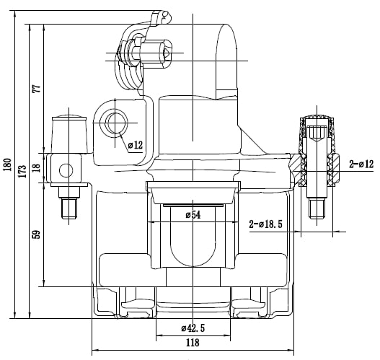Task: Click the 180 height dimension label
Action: [x=7, y=164]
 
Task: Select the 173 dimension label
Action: [x=22, y=171]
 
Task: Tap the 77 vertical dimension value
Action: [x=37, y=89]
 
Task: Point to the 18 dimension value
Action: [x=37, y=167]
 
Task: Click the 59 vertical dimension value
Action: [x=37, y=234]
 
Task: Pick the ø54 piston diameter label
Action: [x=193, y=215]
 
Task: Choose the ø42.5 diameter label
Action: [x=193, y=328]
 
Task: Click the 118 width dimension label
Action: [x=193, y=343]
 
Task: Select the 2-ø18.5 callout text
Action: [x=266, y=224]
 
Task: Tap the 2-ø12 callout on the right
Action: [x=361, y=164]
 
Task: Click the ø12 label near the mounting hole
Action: [x=136, y=145]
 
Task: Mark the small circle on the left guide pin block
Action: [x=66, y=170]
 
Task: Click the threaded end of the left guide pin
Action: [x=69, y=208]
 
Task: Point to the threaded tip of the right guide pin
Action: [x=317, y=208]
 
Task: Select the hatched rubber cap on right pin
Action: [x=317, y=136]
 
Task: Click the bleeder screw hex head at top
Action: [x=166, y=53]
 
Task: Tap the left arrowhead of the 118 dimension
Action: [x=95, y=350]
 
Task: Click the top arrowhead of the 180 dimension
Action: [x=15, y=14]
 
